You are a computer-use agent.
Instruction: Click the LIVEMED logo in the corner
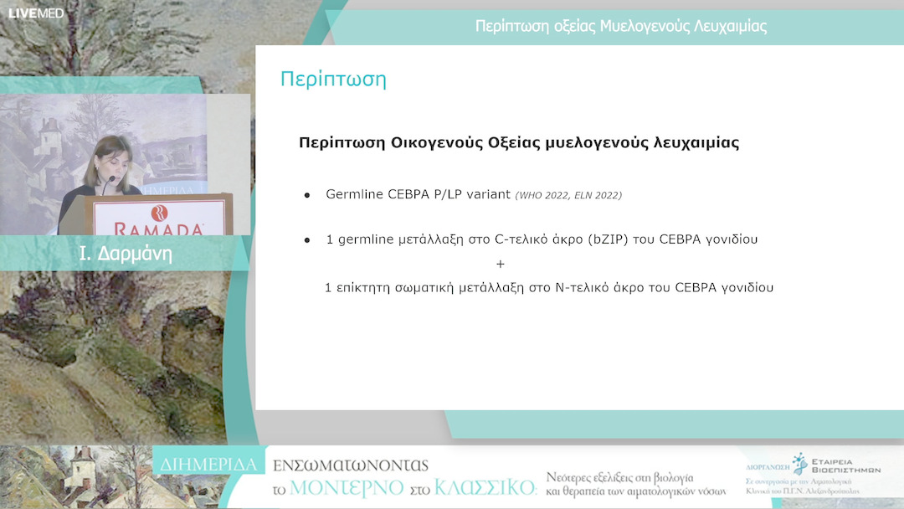point(36,13)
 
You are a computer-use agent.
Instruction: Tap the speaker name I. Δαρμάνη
point(126,254)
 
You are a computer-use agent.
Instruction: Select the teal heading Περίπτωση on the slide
point(333,80)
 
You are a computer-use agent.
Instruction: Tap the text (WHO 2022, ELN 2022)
point(568,195)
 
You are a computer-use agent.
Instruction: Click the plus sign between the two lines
point(501,264)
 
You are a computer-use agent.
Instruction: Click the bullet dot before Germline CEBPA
point(306,195)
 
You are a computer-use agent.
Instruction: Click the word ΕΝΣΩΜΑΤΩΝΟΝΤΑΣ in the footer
point(352,464)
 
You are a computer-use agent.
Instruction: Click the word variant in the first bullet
point(484,194)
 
